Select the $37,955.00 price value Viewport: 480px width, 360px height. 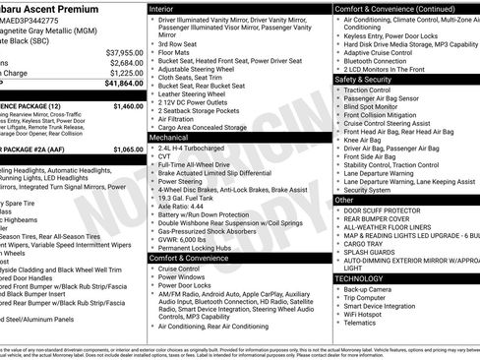124,51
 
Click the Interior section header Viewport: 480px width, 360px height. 162,8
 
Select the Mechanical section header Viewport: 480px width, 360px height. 169,139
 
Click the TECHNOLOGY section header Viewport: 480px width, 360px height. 361,278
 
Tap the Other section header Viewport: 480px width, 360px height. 344,199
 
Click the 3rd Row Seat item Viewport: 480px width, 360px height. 178,43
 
